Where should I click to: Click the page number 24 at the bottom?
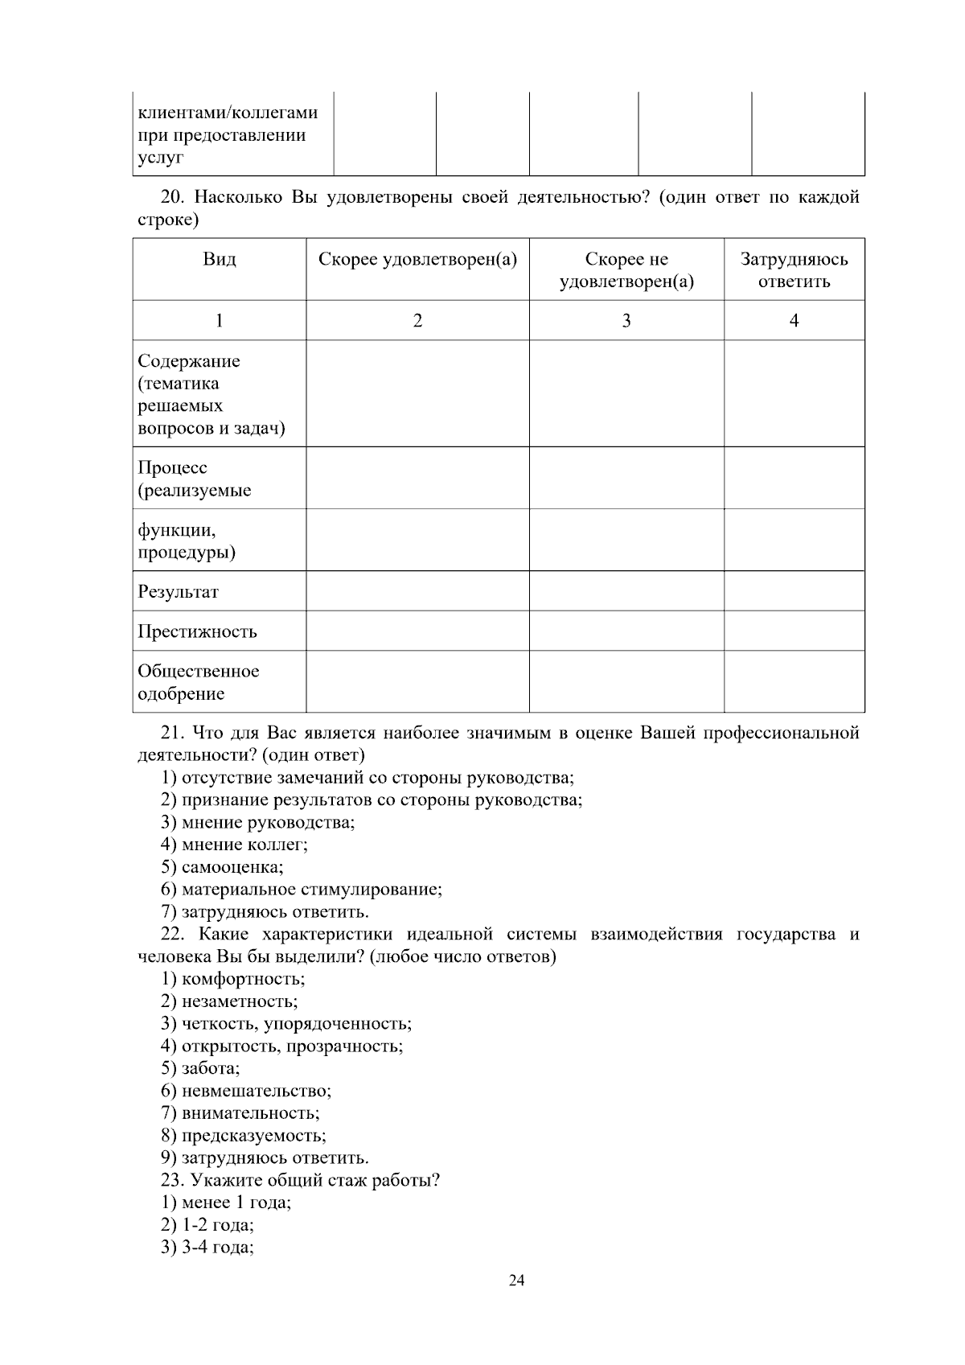[516, 1281]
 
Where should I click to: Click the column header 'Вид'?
[219, 259]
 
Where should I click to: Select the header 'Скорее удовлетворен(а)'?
[417, 259]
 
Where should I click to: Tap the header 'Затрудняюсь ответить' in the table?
[794, 270]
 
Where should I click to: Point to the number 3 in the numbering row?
[626, 321]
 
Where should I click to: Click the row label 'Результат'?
[178, 592]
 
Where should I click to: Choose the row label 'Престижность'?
[197, 631]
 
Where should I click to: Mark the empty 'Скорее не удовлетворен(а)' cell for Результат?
[626, 591]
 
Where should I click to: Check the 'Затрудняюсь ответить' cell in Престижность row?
[794, 631]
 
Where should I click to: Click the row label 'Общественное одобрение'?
[198, 682]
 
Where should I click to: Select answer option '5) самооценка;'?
[222, 867]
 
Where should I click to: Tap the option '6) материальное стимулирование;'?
[302, 890]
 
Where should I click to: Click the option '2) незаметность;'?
[229, 1001]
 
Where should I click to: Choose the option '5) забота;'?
[200, 1069]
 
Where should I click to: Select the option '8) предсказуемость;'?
[244, 1136]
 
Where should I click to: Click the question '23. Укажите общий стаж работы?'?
[300, 1181]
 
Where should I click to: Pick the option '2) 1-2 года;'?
[207, 1226]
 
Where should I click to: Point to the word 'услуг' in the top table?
[161, 158]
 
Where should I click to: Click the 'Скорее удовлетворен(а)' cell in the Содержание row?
[417, 393]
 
